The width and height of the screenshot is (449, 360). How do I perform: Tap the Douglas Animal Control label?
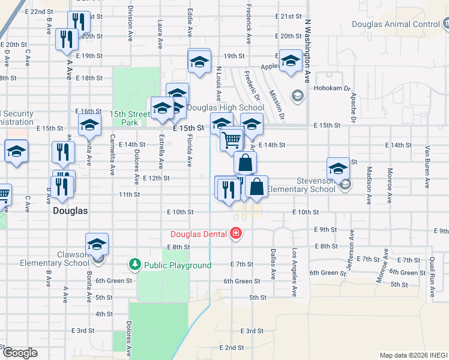396,25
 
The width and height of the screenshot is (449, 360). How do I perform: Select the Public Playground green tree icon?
135,265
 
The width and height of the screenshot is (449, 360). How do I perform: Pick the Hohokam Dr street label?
332,88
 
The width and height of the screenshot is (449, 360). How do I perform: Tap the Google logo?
20,353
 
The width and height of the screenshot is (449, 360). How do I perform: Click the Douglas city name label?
70,211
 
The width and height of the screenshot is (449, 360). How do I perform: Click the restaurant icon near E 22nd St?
77,22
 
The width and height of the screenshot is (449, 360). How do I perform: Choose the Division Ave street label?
130,24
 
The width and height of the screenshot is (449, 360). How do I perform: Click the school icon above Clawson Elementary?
96,244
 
